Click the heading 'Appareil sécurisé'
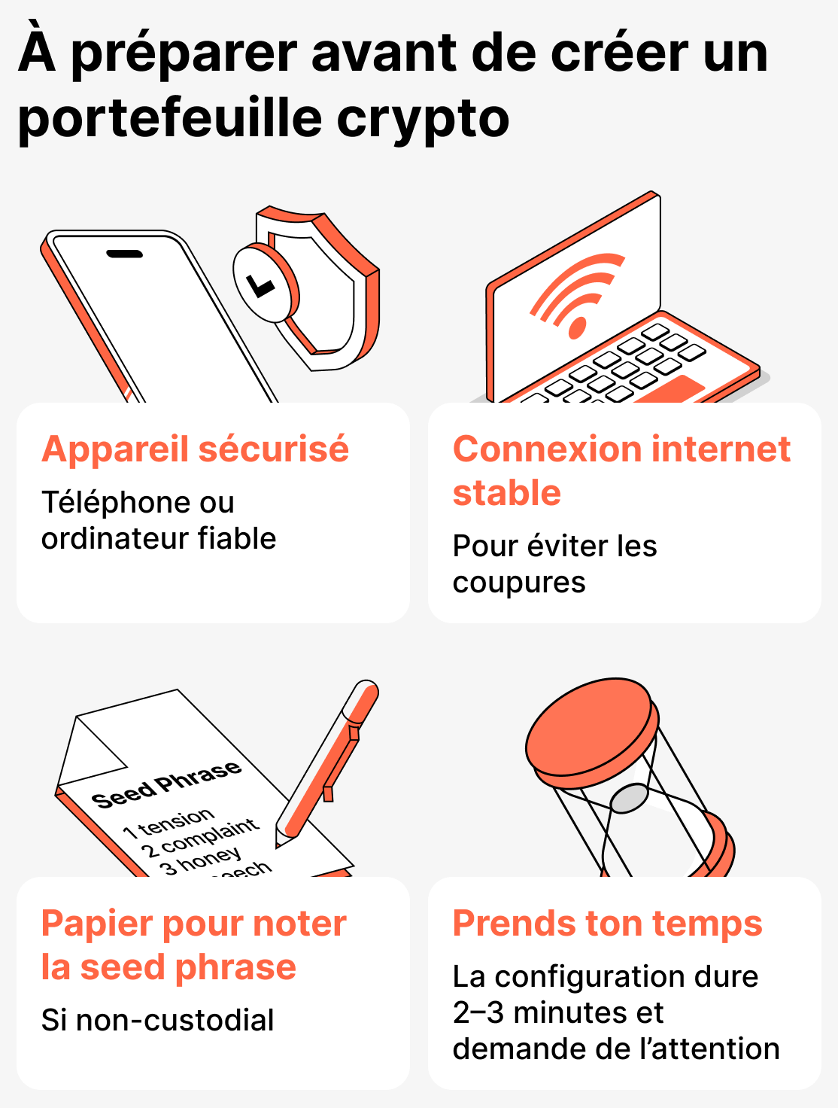click(x=195, y=449)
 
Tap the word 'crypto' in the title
click(x=423, y=118)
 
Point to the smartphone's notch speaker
click(x=124, y=254)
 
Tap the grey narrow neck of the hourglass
click(x=630, y=798)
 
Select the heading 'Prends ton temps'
click(x=607, y=924)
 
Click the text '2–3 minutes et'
click(x=557, y=1013)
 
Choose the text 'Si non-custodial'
click(x=157, y=1021)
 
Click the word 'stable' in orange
click(x=506, y=493)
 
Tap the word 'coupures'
click(x=519, y=583)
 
